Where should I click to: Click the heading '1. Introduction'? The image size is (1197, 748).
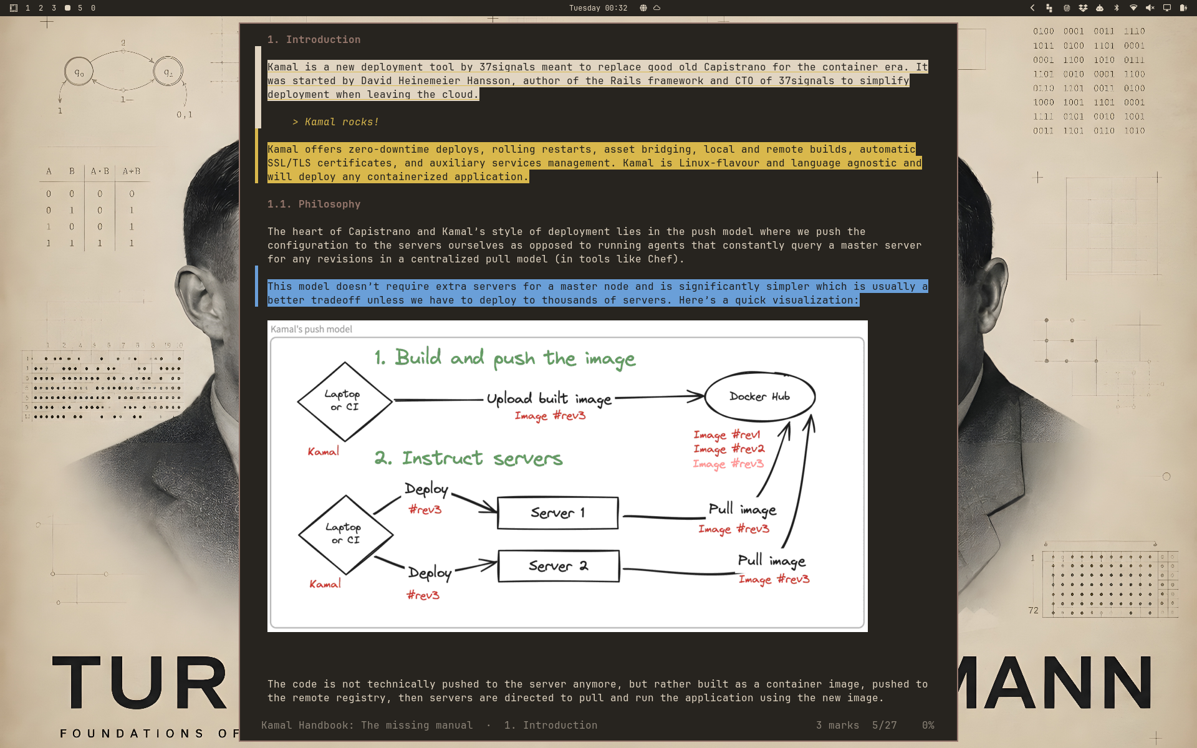(x=314, y=40)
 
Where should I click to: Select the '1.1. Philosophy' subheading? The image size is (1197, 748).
(x=314, y=204)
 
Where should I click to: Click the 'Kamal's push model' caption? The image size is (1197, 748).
(x=311, y=329)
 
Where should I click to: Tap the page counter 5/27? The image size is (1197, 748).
(x=885, y=726)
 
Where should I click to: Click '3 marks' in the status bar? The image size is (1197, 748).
(x=838, y=726)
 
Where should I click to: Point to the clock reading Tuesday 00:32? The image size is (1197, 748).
(x=598, y=8)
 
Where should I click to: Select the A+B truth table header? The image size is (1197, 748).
(x=132, y=171)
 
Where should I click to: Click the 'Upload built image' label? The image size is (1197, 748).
(x=549, y=399)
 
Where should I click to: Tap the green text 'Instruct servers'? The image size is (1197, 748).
(x=482, y=459)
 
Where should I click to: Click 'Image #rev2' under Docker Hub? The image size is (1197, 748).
(x=729, y=449)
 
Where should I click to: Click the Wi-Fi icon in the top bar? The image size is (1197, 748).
(x=1133, y=8)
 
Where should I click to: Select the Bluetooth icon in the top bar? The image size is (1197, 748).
(x=1117, y=8)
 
